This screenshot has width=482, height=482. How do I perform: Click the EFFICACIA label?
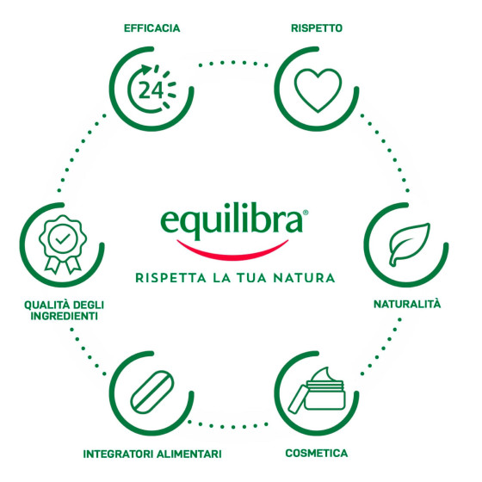(151, 28)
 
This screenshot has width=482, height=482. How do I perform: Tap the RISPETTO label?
(317, 28)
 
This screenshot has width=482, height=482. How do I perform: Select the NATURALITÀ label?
(407, 304)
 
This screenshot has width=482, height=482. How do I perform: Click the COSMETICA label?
(317, 453)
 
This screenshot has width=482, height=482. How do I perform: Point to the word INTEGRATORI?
(118, 454)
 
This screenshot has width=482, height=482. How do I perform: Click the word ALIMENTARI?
(189, 454)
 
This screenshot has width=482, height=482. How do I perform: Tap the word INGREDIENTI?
(64, 316)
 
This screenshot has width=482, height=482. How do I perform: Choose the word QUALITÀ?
(44, 305)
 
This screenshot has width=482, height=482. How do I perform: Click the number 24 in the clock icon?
(151, 90)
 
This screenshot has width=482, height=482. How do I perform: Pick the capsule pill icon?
(151, 392)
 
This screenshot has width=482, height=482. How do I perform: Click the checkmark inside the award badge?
(63, 238)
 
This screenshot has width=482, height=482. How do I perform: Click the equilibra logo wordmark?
(232, 220)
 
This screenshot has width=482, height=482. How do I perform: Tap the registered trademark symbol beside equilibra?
(306, 213)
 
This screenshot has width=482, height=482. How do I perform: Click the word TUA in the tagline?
(251, 278)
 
